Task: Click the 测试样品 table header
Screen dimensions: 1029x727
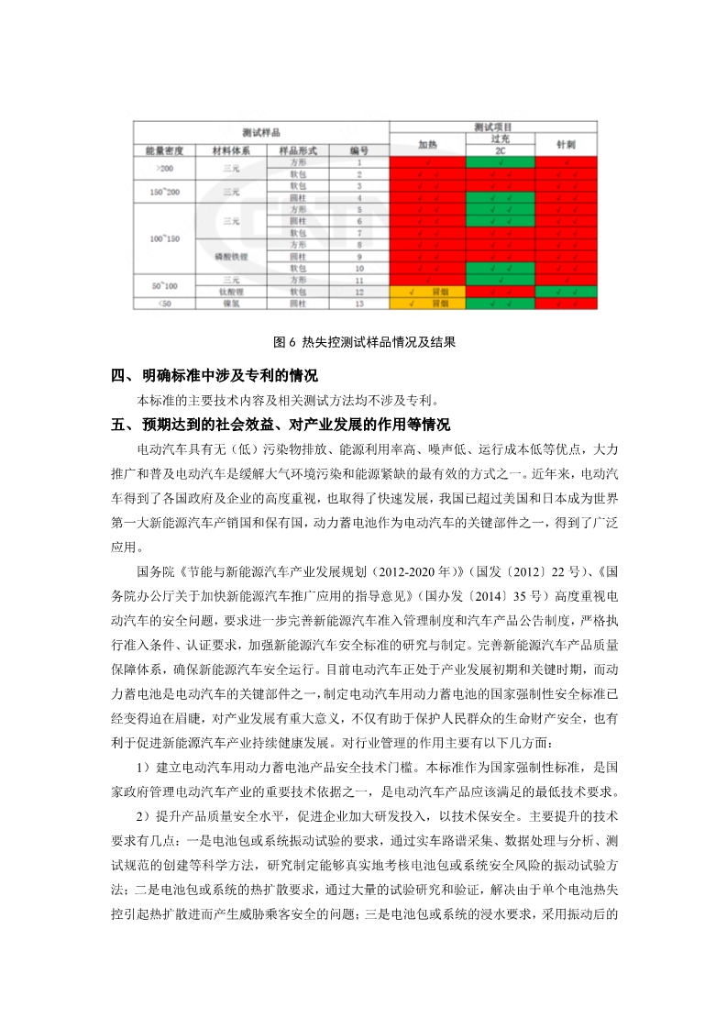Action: tap(260, 131)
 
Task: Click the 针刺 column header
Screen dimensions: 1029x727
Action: tap(566, 144)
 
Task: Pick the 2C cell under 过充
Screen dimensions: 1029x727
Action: tap(500, 150)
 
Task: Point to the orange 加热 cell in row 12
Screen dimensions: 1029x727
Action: tap(427, 291)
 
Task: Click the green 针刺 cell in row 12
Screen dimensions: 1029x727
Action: tap(566, 291)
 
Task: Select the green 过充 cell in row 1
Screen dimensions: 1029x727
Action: tap(500, 161)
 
